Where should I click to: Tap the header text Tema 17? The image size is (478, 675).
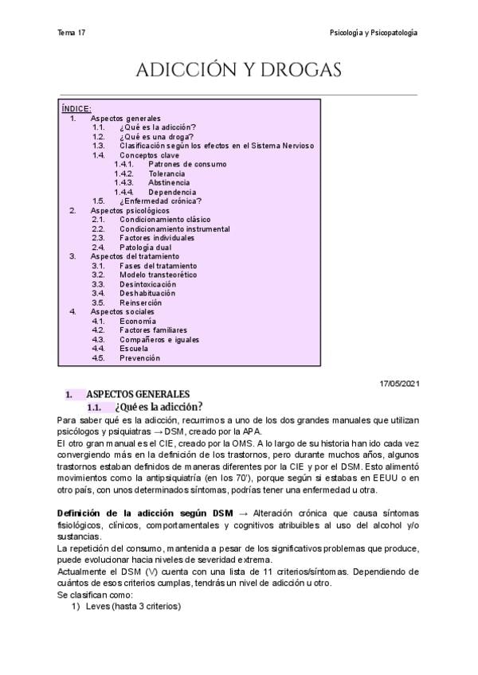pos(72,33)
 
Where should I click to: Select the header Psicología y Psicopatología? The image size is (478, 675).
pos(374,33)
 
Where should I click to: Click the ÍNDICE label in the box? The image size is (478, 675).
pos(76,108)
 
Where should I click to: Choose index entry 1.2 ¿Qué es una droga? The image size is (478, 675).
pos(156,136)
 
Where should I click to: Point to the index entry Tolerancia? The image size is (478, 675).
pos(167,174)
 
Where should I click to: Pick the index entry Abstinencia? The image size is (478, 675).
pos(168,182)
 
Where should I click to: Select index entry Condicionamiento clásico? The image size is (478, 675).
pos(165,220)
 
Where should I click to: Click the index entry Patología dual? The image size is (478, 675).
pos(145,247)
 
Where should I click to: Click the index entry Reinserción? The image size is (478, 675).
pos(140,302)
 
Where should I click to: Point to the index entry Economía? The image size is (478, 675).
pos(138,321)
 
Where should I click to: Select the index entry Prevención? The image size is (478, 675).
pos(139,358)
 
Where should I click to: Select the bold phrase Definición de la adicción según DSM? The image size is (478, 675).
pos(146,513)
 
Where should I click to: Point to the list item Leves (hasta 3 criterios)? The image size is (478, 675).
pos(133,607)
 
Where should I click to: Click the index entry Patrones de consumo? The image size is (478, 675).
pos(187,164)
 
